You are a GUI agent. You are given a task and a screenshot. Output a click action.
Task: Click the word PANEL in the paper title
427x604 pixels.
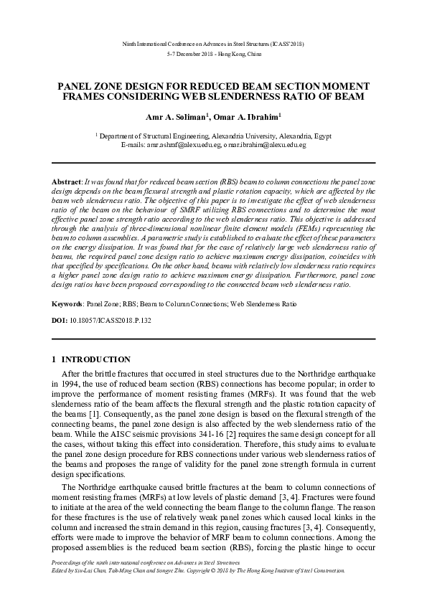click(x=78, y=85)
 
